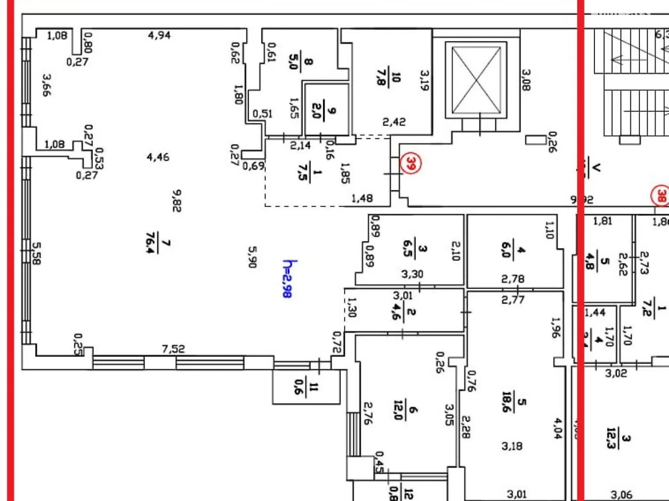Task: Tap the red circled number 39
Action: pos(411,163)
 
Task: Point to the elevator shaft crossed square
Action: pos(476,80)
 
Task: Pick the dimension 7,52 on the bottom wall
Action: pos(173,348)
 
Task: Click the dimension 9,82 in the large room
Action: pos(177,201)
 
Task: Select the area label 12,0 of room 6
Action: pos(398,410)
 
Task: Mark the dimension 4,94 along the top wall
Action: pos(159,35)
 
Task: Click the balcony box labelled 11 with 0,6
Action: pos(306,387)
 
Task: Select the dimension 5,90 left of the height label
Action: pos(253,257)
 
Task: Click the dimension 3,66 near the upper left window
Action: pos(46,85)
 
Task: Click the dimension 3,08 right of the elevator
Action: pos(526,80)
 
